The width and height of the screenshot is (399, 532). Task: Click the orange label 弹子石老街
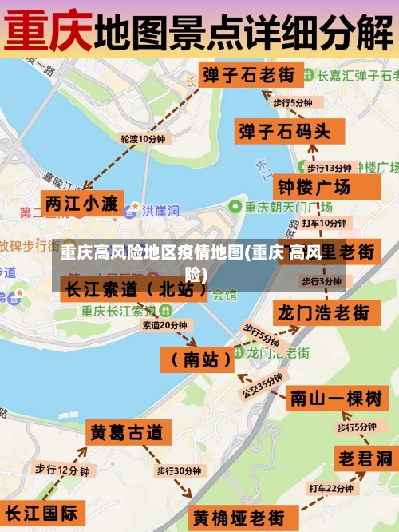[x=248, y=76]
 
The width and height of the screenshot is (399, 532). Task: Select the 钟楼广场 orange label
[x=313, y=189]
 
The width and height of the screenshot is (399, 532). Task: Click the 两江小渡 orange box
[x=81, y=203]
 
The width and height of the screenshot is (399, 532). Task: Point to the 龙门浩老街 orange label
[x=322, y=312]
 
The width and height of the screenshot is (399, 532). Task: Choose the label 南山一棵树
[x=335, y=397]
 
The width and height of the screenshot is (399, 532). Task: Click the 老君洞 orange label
[x=364, y=459]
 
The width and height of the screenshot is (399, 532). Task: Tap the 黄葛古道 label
[x=126, y=433]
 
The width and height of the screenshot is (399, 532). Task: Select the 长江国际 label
[x=41, y=512]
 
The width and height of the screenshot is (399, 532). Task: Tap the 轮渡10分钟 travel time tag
[x=143, y=138]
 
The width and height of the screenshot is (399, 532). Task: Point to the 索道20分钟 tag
[x=164, y=325]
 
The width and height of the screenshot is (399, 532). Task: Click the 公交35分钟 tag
[x=263, y=385]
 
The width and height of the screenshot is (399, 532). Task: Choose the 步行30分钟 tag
[x=178, y=471]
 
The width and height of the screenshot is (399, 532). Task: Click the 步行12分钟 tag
[x=61, y=470]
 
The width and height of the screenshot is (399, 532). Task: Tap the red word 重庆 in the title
[x=48, y=30]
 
